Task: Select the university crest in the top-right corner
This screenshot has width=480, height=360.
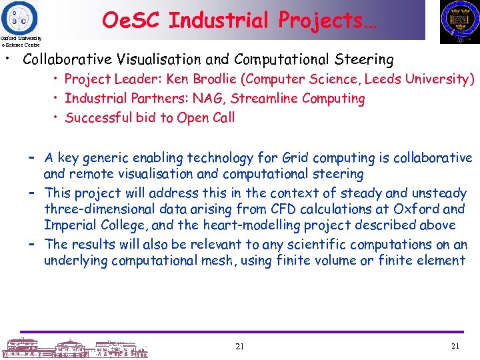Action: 459,21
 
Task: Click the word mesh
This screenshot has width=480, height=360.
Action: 216,261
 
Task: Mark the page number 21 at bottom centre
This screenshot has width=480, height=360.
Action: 240,346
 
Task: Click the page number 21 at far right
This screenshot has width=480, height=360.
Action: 456,346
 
